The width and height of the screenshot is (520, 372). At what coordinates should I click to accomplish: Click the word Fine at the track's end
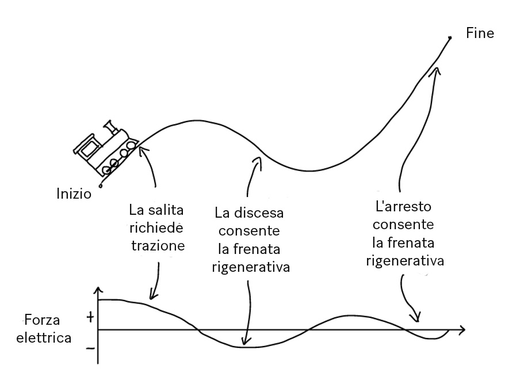click(x=480, y=33)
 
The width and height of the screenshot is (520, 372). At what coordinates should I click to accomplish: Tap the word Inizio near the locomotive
click(x=74, y=192)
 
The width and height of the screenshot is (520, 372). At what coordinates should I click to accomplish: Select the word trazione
click(x=158, y=245)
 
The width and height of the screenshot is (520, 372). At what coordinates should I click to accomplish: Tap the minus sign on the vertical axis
click(x=89, y=348)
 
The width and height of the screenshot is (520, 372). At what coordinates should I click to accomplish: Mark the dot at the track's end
click(x=450, y=37)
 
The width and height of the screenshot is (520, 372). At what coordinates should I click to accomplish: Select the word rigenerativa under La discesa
click(x=251, y=267)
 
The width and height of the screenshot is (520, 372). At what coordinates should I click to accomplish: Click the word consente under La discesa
click(x=248, y=231)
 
